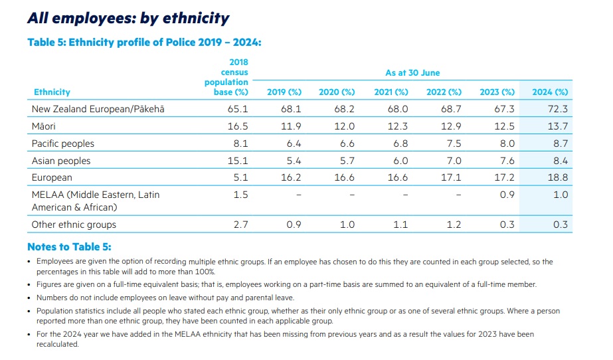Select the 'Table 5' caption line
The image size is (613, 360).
pyautogui.click(x=144, y=42)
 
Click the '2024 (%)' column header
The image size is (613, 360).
pyautogui.click(x=550, y=92)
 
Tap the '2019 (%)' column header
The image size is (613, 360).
pyautogui.click(x=284, y=92)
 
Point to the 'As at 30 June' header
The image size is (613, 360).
pyautogui.click(x=412, y=73)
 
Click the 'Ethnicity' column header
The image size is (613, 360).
pyautogui.click(x=52, y=92)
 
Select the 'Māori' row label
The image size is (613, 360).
pyautogui.click(x=43, y=126)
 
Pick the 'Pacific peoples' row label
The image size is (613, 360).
pyautogui.click(x=63, y=143)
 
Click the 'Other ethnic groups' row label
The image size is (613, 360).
pyautogui.click(x=74, y=225)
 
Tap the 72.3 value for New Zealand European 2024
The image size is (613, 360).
pyautogui.click(x=560, y=109)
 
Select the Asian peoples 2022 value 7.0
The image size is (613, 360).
pyautogui.click(x=454, y=161)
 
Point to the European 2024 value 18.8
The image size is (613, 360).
pyautogui.click(x=560, y=178)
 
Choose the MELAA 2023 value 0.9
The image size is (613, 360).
pyautogui.click(x=507, y=195)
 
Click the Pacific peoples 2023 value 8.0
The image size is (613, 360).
pyautogui.click(x=507, y=143)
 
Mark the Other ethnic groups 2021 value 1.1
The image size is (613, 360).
pyautogui.click(x=400, y=225)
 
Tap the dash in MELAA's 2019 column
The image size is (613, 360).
pyautogui.click(x=299, y=195)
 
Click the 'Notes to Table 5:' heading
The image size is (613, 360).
pyautogui.click(x=69, y=247)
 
